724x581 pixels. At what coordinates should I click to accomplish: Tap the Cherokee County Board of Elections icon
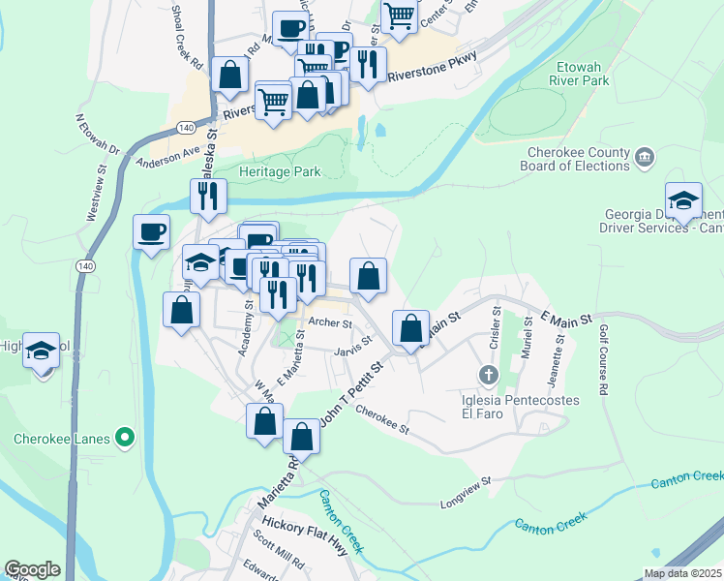tap(646, 157)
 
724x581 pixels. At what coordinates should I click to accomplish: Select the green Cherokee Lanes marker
tap(124, 439)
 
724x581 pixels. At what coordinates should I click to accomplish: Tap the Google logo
tap(32, 569)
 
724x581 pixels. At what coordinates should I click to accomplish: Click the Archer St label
tap(327, 322)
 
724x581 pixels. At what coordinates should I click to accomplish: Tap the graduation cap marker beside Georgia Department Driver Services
tap(683, 199)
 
